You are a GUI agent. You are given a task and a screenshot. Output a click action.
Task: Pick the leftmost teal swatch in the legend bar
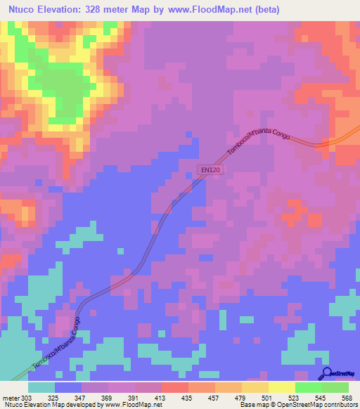(x=41, y=387)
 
